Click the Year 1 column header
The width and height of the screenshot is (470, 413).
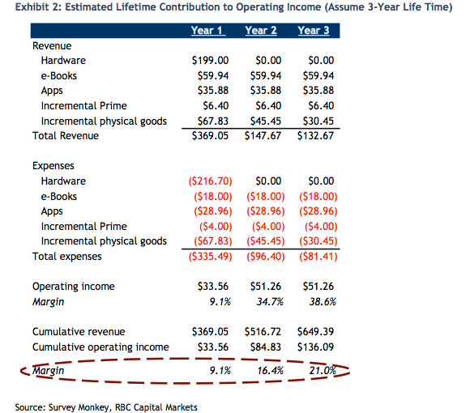click(208, 30)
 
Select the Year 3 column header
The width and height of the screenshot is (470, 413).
click(314, 30)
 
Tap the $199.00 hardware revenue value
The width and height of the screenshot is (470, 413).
click(210, 61)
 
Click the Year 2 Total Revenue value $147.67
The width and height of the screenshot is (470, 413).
click(263, 136)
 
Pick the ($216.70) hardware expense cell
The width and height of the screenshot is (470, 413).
click(210, 181)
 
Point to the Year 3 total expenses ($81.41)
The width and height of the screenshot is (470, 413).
click(318, 257)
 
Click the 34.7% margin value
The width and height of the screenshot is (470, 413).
click(270, 301)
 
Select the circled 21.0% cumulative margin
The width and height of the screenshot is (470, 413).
click(323, 371)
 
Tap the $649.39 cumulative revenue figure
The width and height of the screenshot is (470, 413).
click(316, 332)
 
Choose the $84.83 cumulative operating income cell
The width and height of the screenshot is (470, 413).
click(266, 347)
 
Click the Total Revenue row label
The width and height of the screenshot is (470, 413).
click(66, 136)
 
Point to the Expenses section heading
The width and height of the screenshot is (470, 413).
click(53, 166)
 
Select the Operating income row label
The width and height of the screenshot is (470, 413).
click(74, 287)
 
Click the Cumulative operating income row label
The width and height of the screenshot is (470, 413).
click(100, 347)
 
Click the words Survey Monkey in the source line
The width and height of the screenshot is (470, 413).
click(79, 407)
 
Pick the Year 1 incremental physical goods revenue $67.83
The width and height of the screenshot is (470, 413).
click(213, 121)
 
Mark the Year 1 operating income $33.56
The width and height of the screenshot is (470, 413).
click(213, 287)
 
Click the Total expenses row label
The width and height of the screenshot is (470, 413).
click(67, 257)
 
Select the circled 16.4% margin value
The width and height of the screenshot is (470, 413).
click(270, 371)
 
